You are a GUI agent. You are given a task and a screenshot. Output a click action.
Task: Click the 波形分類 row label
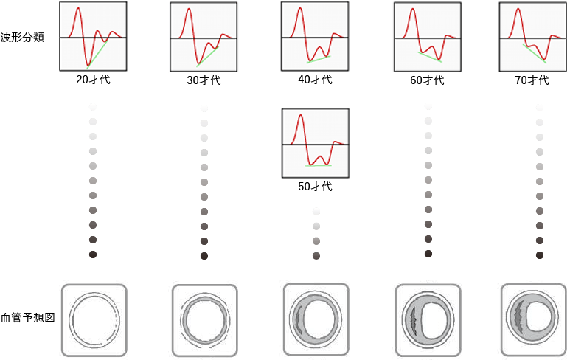click(x=22, y=38)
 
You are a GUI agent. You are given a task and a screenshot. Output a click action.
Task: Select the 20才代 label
click(x=93, y=79)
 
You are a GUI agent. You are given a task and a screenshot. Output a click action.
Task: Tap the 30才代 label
click(x=204, y=80)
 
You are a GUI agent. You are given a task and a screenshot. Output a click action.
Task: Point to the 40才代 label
click(x=315, y=79)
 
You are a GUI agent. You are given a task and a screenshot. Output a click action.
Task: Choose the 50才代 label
click(x=315, y=187)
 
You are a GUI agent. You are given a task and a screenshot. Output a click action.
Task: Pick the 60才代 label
click(x=427, y=80)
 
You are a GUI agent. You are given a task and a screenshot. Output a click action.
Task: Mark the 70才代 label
click(x=532, y=80)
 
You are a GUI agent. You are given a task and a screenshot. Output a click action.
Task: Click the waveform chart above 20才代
click(x=93, y=36)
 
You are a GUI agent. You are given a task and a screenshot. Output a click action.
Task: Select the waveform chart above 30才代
click(x=204, y=37)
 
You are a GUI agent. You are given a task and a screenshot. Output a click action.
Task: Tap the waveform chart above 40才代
click(x=315, y=36)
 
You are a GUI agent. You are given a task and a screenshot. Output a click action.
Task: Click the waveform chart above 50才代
click(x=315, y=143)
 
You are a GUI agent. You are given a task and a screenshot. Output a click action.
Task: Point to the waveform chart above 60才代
click(x=427, y=37)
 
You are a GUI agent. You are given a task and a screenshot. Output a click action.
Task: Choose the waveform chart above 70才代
click(x=532, y=37)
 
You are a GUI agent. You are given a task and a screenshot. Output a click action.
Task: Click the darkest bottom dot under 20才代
click(x=93, y=255)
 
